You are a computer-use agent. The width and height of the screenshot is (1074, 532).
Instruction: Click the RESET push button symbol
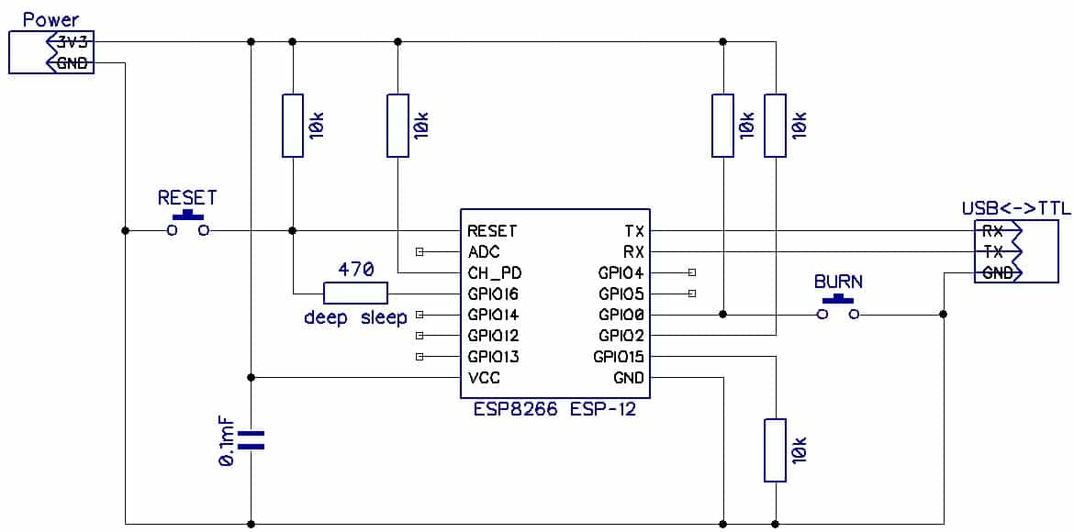tap(188, 226)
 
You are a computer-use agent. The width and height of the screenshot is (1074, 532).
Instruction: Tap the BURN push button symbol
tap(838, 309)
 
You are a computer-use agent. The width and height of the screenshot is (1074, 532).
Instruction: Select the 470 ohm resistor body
tap(355, 294)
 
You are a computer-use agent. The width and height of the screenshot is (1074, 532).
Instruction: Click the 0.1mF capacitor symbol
tap(251, 439)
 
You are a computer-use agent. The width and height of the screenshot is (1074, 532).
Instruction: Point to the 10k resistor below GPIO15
tap(776, 449)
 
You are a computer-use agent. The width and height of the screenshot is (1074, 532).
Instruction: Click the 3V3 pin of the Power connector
tap(72, 42)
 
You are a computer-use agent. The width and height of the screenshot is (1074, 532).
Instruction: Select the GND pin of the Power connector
tap(72, 63)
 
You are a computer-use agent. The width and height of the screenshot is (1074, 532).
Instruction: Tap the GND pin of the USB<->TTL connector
tap(997, 272)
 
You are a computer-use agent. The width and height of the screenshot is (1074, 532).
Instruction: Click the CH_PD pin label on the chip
tap(494, 272)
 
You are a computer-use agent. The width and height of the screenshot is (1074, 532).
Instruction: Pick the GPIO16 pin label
tap(493, 294)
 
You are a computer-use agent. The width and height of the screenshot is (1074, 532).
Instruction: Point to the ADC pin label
tap(483, 251)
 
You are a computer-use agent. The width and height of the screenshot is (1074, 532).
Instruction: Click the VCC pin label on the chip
tap(484, 377)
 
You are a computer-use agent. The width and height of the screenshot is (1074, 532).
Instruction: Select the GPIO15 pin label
tap(619, 357)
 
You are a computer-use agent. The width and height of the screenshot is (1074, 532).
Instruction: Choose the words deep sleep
tap(355, 317)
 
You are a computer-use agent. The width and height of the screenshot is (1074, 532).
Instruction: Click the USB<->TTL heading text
tap(1015, 208)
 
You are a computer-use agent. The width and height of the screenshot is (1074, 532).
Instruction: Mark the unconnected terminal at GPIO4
tap(691, 272)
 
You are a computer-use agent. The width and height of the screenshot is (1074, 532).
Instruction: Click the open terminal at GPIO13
tap(420, 357)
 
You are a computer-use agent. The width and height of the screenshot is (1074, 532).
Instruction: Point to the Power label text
tap(50, 18)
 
